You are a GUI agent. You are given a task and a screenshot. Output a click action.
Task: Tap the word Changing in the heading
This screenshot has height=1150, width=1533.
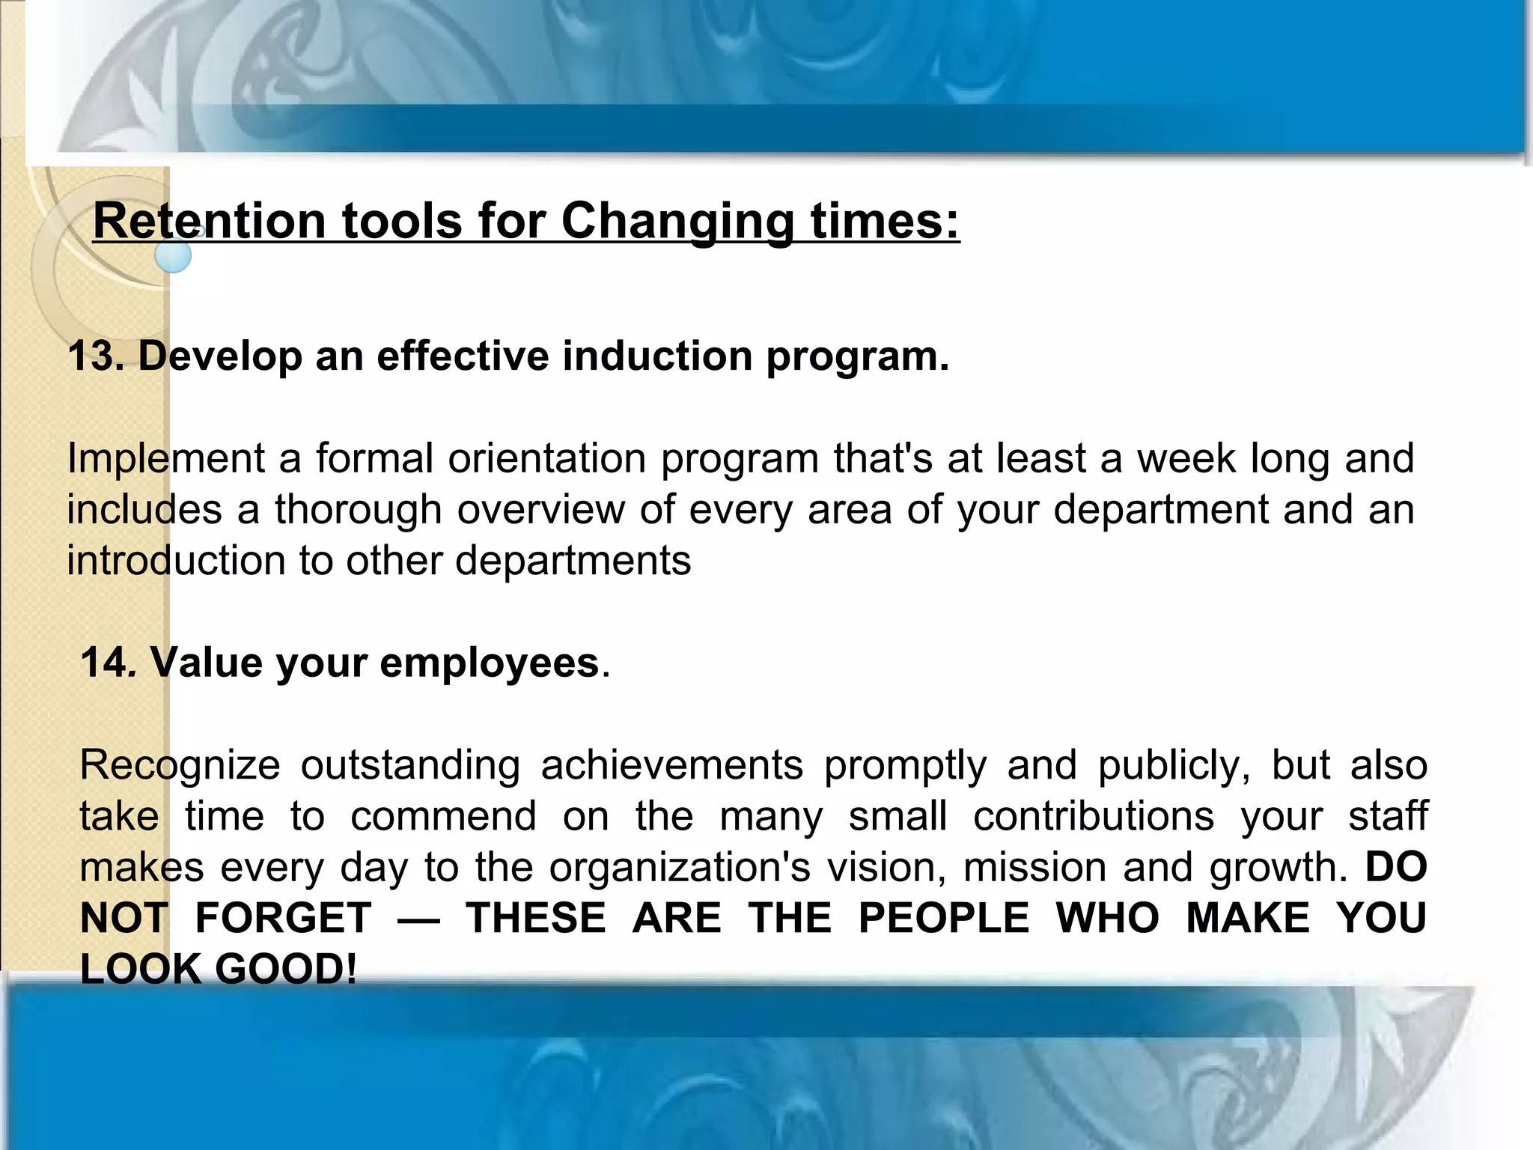tap(677, 222)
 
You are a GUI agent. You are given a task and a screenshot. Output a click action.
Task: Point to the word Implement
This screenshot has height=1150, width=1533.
tap(165, 458)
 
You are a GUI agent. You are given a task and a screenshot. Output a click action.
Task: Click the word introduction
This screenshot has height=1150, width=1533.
tap(176, 560)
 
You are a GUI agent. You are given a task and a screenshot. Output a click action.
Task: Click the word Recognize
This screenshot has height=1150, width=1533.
tap(180, 765)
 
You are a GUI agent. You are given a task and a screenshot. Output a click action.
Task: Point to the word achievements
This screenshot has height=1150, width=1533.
tap(671, 765)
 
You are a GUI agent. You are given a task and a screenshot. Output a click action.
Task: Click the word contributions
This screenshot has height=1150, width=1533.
tap(1093, 816)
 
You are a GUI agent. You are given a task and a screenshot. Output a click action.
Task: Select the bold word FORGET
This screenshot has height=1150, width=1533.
tap(283, 918)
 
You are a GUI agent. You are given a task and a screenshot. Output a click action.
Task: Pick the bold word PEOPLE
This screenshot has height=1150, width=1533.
tap(943, 918)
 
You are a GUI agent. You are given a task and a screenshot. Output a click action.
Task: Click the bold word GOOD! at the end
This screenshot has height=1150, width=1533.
tap(286, 969)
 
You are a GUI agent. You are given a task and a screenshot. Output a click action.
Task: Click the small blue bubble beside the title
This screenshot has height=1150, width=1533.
tap(174, 256)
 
